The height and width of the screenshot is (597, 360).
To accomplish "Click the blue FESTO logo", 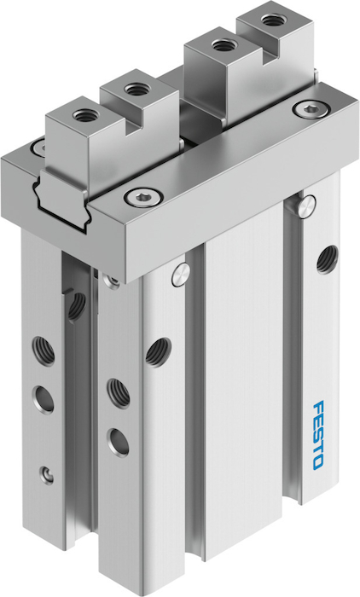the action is click(318, 435).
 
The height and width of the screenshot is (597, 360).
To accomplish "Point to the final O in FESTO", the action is click(318, 463).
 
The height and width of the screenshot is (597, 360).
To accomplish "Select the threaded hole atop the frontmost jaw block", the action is click(84, 114).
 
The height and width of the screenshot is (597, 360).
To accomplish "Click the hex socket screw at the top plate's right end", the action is click(310, 110).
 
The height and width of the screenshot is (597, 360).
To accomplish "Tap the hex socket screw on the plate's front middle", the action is click(144, 196).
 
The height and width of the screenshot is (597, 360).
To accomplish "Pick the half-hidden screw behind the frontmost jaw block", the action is click(38, 147).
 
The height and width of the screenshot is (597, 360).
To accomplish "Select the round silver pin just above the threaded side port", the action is click(307, 206).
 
